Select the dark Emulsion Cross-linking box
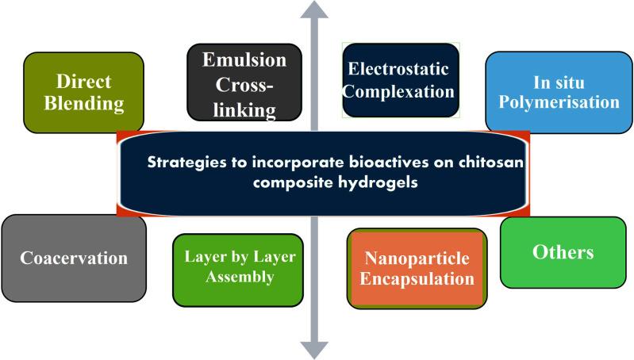coord(244,82)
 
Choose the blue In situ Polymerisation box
coord(553,91)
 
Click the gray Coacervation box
coord(74,259)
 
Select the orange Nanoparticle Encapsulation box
coord(418,269)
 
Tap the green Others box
coord(563,252)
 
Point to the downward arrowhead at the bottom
coord(315,348)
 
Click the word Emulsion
coord(244,60)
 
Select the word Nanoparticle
coord(418,259)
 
